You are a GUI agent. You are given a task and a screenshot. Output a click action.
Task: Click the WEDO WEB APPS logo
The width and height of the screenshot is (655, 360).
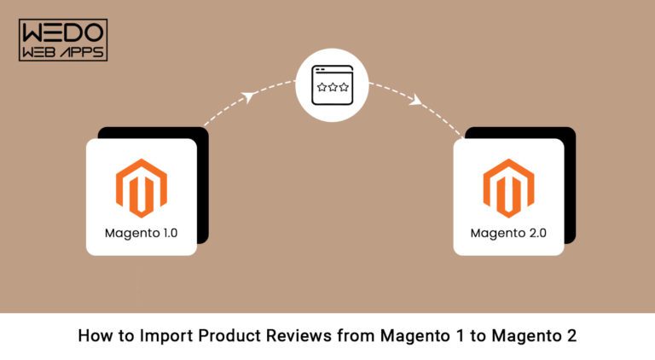[x=62, y=40]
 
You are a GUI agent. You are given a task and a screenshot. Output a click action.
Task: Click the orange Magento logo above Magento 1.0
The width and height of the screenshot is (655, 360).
[x=142, y=189]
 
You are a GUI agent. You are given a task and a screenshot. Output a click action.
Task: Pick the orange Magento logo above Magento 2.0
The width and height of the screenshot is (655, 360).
[x=508, y=189]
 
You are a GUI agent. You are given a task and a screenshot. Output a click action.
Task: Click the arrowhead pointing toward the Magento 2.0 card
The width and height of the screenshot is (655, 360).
[x=415, y=101]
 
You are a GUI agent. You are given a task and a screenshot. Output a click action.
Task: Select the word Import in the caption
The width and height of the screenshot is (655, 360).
[x=160, y=336]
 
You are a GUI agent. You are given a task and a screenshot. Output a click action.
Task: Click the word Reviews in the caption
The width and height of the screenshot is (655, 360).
[x=288, y=336]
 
